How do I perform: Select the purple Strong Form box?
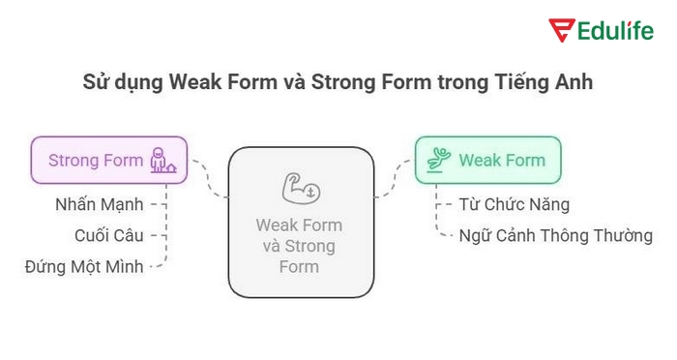coord(109,161)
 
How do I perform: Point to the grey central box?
coord(300,222)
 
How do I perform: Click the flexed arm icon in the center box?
coord(300,185)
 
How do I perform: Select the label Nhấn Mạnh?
coord(100,204)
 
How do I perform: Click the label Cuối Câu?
coord(108,235)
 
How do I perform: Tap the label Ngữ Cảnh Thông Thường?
coord(556,235)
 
